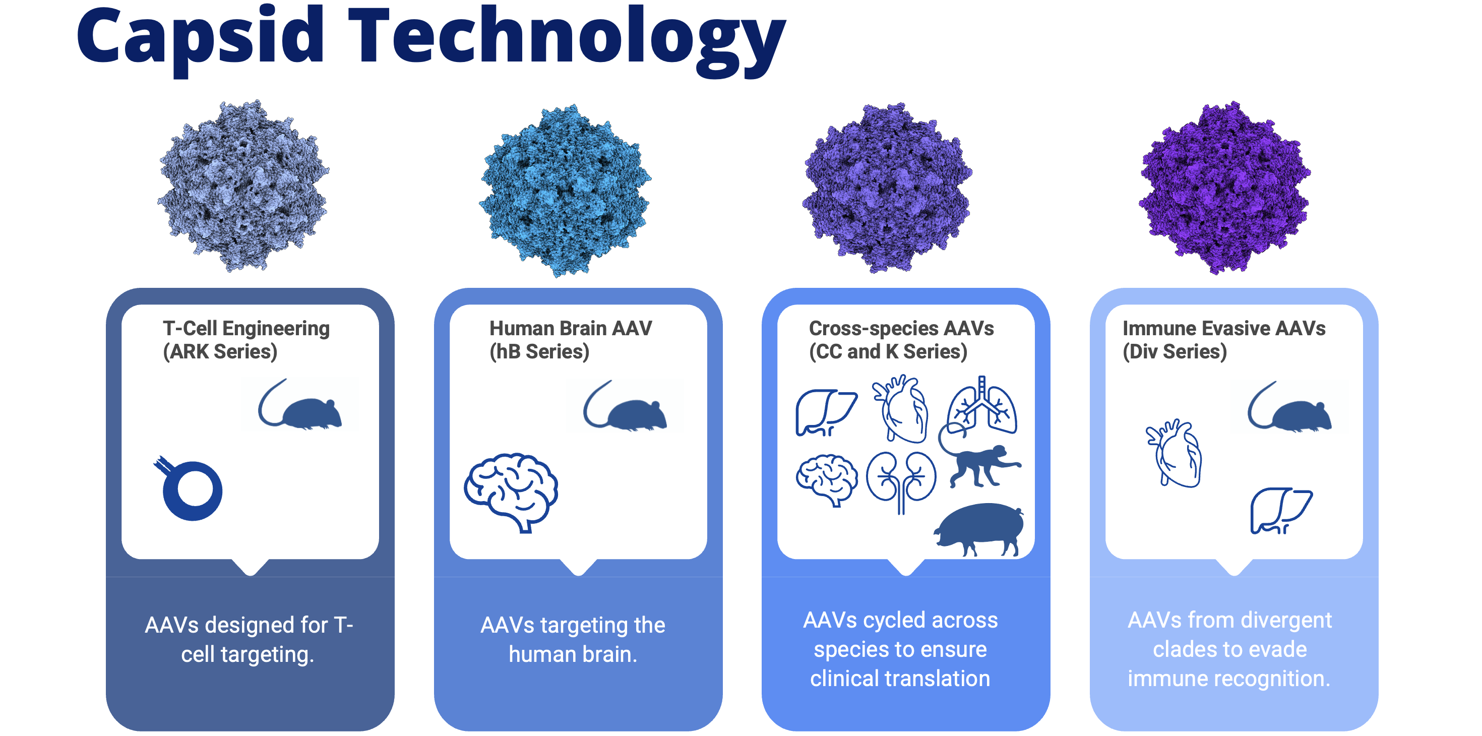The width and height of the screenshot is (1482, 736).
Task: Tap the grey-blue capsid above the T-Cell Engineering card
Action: click(x=243, y=186)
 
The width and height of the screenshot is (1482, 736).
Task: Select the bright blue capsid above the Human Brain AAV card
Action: click(x=565, y=191)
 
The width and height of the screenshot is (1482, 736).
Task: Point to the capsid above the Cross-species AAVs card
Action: click(x=887, y=188)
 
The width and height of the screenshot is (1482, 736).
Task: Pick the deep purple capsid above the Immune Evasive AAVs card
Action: click(x=1225, y=188)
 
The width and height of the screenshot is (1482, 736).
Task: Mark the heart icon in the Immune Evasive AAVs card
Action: click(x=1174, y=453)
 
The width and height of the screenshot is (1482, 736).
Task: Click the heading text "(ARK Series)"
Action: click(x=220, y=351)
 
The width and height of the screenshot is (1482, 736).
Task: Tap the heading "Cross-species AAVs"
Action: click(x=901, y=329)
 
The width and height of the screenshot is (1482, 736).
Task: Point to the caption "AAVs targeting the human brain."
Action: click(x=573, y=639)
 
